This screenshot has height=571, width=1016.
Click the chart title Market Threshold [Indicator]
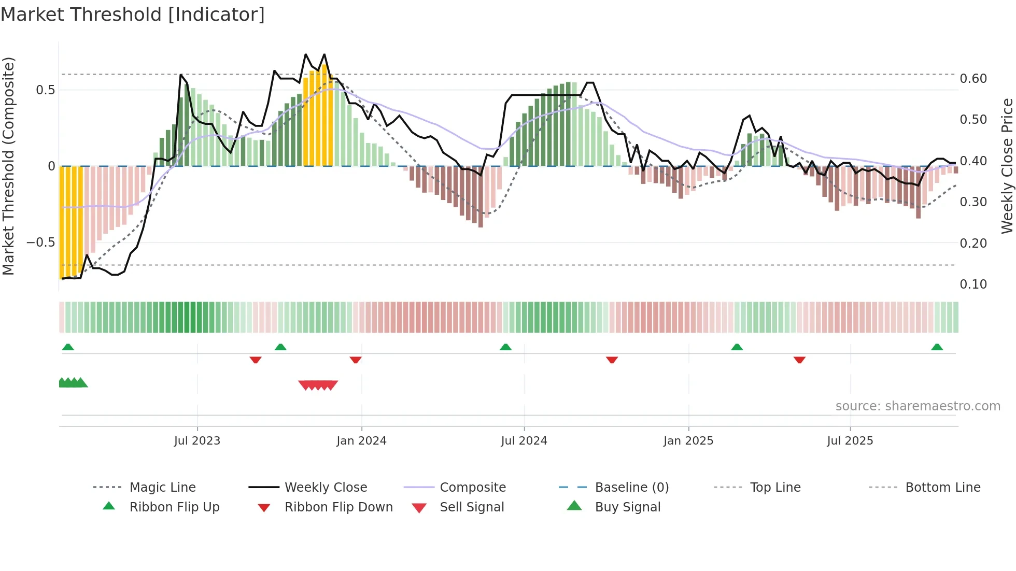[x=133, y=15]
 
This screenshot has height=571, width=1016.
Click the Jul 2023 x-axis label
[x=197, y=441]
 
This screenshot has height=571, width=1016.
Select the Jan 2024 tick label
[x=361, y=441]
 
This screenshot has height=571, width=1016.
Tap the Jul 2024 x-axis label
[x=524, y=441]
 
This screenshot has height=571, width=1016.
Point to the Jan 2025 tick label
[x=688, y=441]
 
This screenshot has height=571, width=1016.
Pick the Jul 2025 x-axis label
[x=850, y=441]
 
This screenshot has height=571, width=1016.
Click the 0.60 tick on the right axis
[x=973, y=79]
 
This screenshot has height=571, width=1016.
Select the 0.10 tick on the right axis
[x=973, y=284]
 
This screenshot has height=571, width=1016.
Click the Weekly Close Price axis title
[x=1007, y=166]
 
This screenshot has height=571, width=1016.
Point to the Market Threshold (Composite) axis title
[x=8, y=166]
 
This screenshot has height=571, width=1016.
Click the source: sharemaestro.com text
[x=918, y=406]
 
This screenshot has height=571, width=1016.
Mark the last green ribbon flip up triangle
[x=937, y=347]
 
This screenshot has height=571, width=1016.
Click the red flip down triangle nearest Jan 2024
[x=355, y=360]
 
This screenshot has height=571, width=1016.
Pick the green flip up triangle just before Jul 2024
[x=505, y=347]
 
